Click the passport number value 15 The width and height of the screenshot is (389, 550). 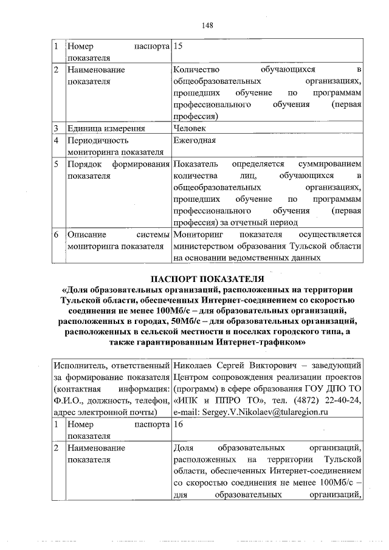[x=179, y=46]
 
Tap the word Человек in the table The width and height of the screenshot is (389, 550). [x=190, y=128]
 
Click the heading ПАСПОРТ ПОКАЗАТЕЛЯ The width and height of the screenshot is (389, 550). [x=207, y=279]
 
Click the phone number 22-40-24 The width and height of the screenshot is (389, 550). [x=343, y=400]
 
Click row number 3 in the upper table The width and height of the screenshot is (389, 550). [x=55, y=128]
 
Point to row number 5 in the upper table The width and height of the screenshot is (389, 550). [x=55, y=165]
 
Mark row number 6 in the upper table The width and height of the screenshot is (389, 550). [x=55, y=234]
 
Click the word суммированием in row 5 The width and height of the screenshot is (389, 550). [x=331, y=165]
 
